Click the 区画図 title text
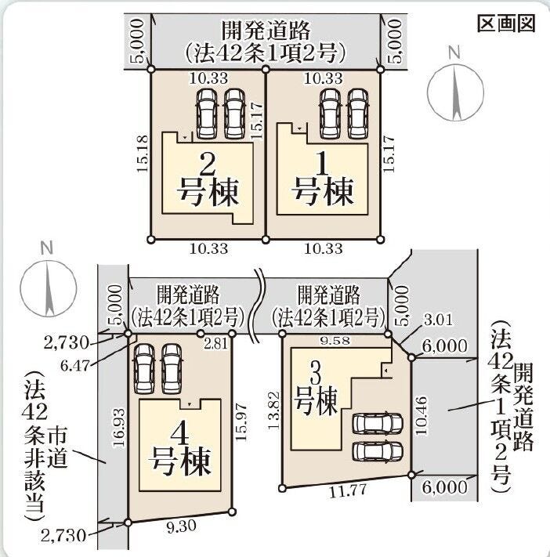[506, 24]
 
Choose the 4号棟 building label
[179, 450]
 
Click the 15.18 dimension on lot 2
[142, 154]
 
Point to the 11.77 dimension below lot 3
[348, 491]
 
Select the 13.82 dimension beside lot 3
[273, 411]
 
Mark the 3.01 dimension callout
[439, 320]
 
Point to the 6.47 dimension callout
[75, 365]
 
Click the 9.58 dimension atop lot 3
[335, 341]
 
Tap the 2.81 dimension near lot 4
[216, 344]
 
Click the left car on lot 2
[207, 114]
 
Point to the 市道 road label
[57, 450]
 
